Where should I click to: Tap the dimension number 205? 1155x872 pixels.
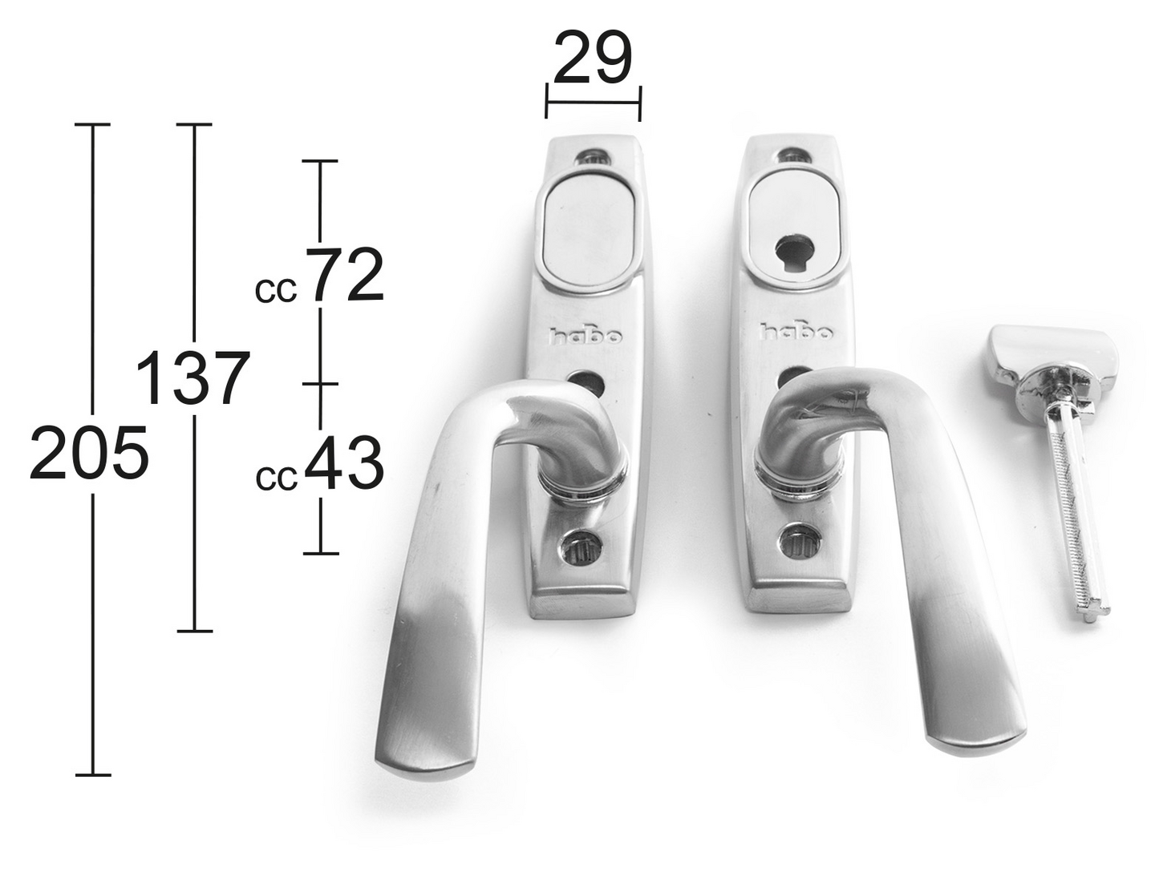(89, 453)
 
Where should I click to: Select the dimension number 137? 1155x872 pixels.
(192, 378)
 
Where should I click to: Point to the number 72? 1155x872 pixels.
(345, 275)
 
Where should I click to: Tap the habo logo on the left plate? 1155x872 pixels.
(586, 335)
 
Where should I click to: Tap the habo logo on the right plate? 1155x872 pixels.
(797, 332)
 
